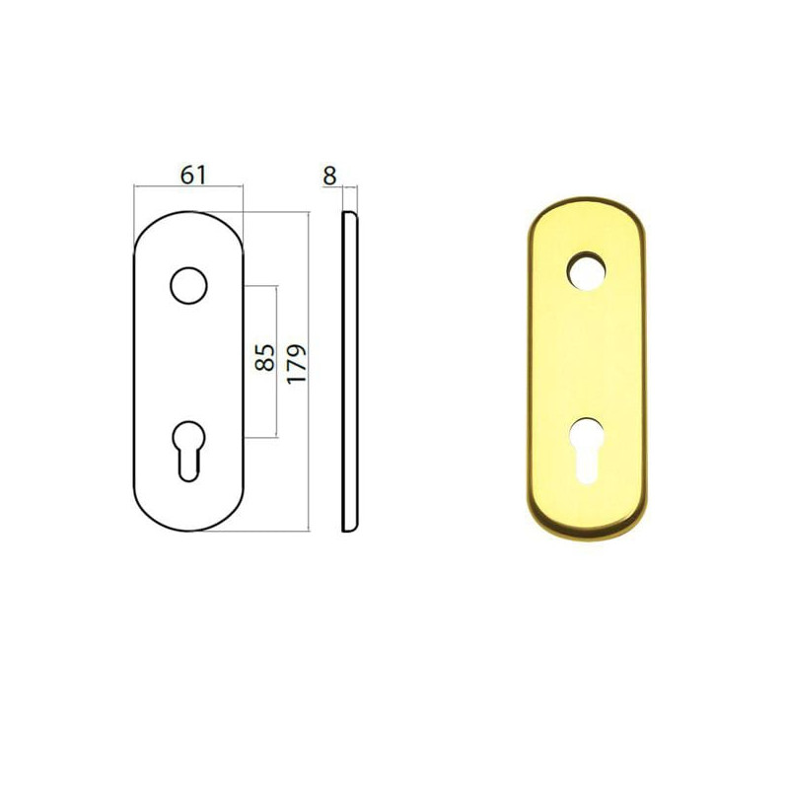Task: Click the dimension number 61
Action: [193, 175]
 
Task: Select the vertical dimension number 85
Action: [263, 358]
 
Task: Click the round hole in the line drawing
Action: [187, 286]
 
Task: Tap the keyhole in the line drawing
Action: [187, 446]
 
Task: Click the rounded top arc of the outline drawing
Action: [187, 213]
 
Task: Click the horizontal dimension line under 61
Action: [188, 187]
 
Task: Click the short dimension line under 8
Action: [348, 187]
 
